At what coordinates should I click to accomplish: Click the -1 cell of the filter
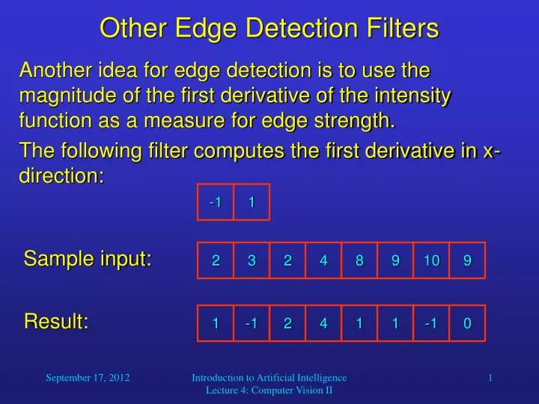point(216,202)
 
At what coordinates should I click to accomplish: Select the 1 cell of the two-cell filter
point(252,202)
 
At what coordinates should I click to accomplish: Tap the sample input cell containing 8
point(359,260)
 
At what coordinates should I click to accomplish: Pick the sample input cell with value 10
point(431,260)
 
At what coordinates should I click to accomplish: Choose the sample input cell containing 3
point(252,260)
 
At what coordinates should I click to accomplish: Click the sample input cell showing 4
point(323,260)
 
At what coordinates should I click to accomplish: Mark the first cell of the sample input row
point(216,260)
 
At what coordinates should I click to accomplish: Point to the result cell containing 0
point(467,323)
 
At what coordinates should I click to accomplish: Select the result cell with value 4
point(323,323)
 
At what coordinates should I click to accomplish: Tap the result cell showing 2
point(287,323)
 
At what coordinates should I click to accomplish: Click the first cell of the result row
point(216,323)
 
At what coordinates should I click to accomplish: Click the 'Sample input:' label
point(88,259)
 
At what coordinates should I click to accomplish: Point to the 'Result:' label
point(57,322)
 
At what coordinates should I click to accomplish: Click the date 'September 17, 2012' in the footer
point(88,379)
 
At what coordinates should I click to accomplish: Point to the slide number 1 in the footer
point(490,379)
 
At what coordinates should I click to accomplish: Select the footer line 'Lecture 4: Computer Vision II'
point(269,391)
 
